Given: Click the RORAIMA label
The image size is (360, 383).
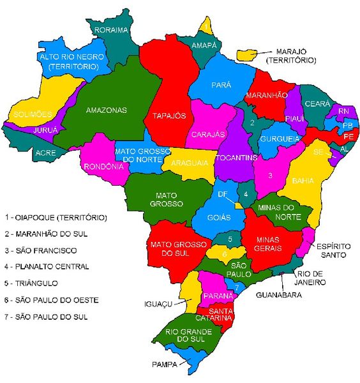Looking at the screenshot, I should (112, 30).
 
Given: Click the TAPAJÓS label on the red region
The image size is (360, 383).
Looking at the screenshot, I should (169, 116).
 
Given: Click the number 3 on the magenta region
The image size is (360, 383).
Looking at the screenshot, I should (270, 175).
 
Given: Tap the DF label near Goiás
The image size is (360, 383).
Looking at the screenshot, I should (222, 194).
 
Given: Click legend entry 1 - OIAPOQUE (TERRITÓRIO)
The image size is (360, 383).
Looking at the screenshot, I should (56, 217).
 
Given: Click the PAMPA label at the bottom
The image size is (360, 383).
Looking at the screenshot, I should (165, 365).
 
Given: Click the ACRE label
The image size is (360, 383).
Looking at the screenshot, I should (45, 153).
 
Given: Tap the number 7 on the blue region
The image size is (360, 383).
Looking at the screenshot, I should (237, 288).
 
